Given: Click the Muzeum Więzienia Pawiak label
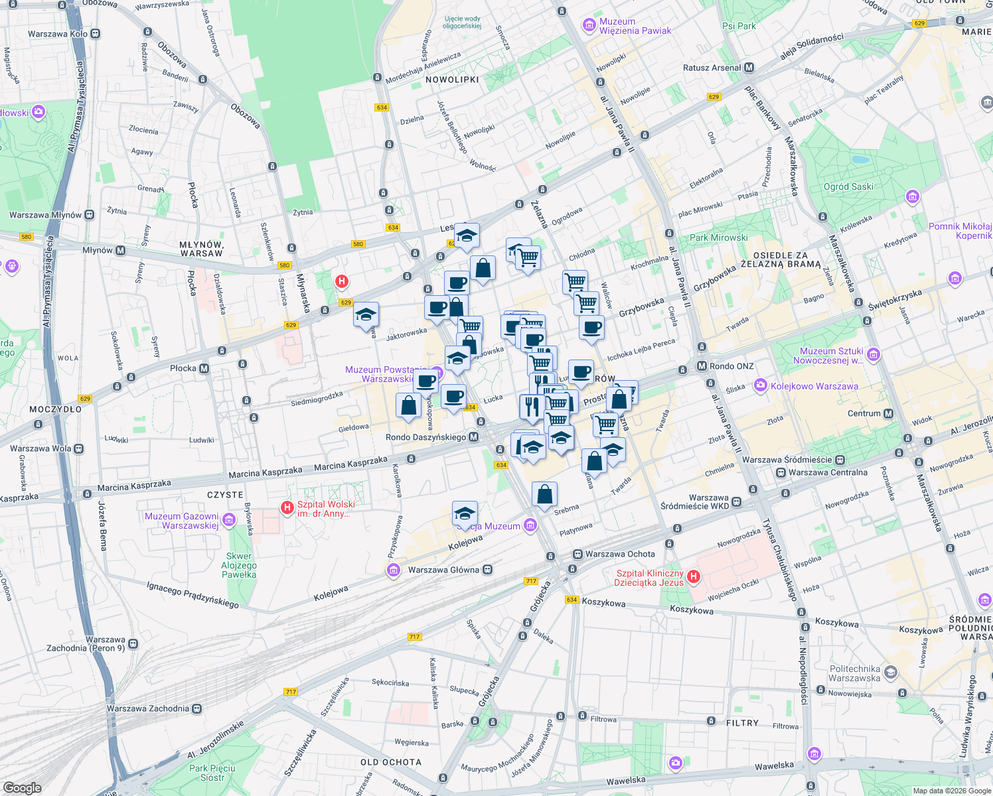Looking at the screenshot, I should point(635,26).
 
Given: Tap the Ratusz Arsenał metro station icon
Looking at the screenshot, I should point(749,68).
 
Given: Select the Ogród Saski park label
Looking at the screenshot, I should point(848,186).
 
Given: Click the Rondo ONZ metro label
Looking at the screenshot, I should point(731,366).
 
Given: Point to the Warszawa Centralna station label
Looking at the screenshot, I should point(828,472).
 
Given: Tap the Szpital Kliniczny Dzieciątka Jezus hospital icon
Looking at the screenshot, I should point(694,576).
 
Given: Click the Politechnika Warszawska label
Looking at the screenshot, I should point(854,673).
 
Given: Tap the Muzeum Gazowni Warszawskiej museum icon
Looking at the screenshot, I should point(229,519).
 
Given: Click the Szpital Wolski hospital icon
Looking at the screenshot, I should point(287,508).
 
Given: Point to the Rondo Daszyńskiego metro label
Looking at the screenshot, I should point(425,437).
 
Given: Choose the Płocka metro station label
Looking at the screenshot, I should point(183,368).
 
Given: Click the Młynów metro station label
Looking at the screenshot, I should point(98,250).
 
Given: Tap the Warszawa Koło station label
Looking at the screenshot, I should point(57,34).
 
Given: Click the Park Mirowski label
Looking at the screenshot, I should point(718,237).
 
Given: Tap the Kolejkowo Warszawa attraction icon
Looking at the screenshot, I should point(760,386).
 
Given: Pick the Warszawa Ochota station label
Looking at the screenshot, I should point(620,554).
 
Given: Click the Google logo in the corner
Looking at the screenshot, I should point(22,787).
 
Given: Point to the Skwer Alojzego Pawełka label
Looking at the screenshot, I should point(239,566).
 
